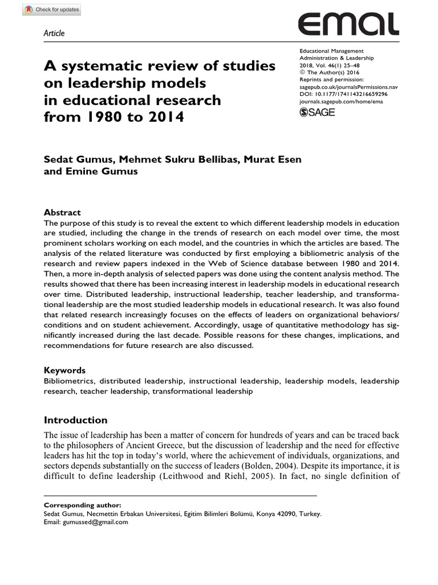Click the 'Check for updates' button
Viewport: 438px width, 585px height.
[x=43, y=10]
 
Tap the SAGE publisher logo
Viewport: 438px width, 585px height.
[x=317, y=113]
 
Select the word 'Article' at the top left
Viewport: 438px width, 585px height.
[x=54, y=33]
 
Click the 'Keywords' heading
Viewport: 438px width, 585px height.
[x=64, y=370]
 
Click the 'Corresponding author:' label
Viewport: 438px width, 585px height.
[x=82, y=505]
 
